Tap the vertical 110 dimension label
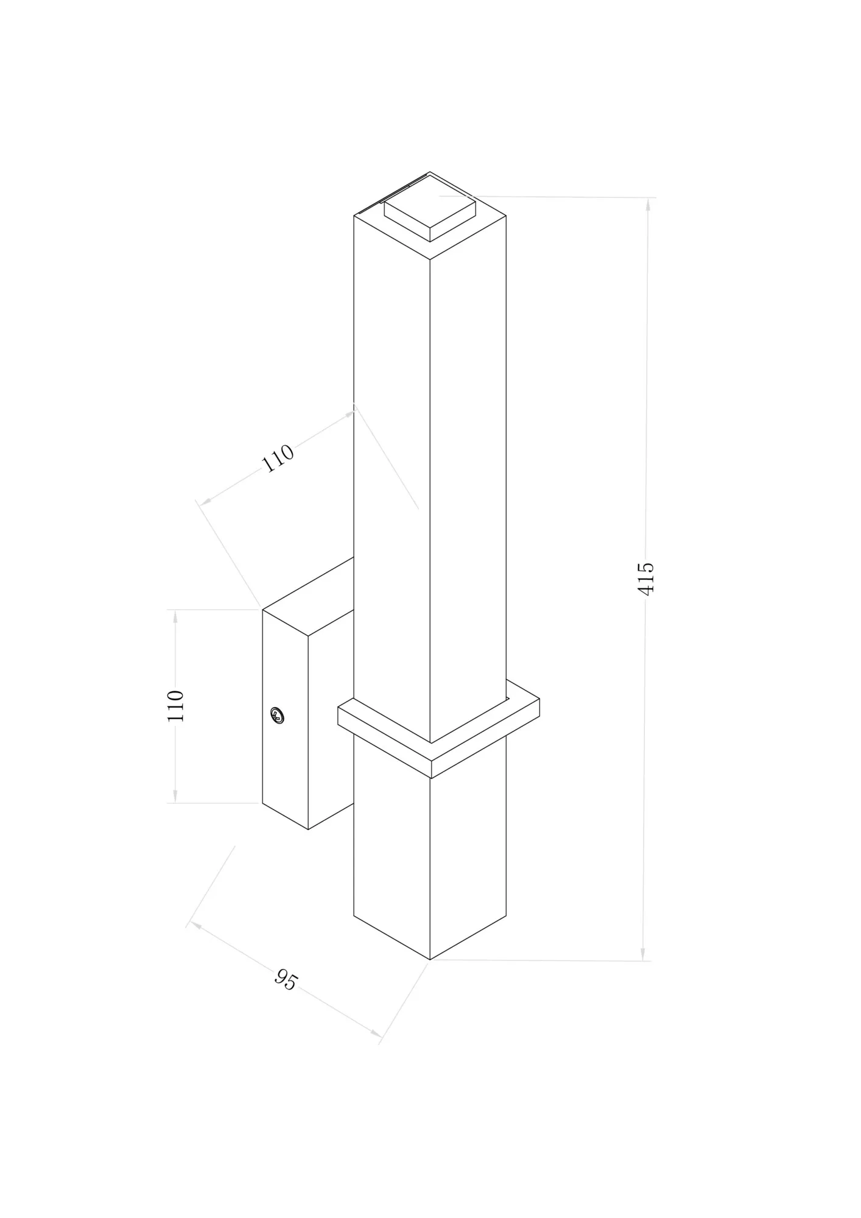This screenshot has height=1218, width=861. click(175, 706)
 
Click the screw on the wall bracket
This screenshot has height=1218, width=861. click(278, 715)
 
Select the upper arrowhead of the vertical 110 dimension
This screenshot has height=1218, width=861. click(175, 617)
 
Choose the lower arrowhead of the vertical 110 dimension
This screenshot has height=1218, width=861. click(175, 795)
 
